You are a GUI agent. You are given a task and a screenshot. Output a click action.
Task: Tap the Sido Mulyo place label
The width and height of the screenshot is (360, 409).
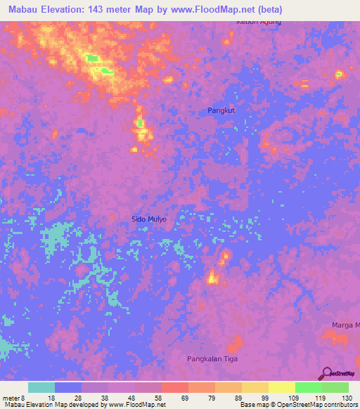click(149, 219)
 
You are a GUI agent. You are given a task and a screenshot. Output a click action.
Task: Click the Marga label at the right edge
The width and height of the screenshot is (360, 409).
click(345, 325)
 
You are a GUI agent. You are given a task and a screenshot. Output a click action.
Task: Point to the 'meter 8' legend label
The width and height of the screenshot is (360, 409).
click(14, 398)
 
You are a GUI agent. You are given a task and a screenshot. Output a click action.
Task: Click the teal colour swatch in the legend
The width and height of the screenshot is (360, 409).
click(41, 387)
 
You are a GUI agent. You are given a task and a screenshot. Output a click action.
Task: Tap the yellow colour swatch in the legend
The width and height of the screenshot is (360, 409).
click(281, 387)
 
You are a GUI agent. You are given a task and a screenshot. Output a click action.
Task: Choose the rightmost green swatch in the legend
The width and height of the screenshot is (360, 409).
click(335, 387)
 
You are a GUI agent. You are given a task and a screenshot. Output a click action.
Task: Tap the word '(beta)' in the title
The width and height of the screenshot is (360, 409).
click(268, 9)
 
